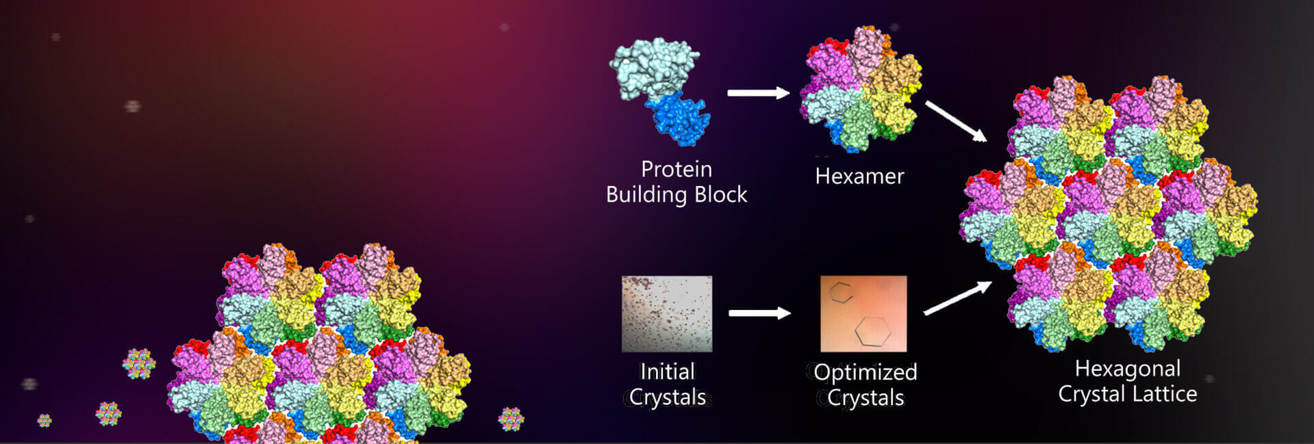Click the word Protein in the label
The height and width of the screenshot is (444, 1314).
[676, 169]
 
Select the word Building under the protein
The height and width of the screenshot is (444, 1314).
[646, 195]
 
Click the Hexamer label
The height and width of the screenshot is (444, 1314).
[859, 177]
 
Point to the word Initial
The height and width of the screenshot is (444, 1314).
[667, 371]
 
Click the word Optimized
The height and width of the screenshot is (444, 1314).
[866, 372]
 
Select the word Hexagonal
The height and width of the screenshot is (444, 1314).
[1127, 369]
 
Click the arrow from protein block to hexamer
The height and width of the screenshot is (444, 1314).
[758, 93]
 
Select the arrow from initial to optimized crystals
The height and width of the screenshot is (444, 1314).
[759, 313]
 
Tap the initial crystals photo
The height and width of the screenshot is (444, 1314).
[666, 313]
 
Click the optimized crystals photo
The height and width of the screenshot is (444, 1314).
[863, 313]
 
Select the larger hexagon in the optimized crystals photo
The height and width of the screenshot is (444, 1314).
[872, 331]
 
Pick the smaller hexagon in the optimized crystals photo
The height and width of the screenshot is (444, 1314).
[841, 293]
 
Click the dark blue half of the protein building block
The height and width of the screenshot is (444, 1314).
[679, 119]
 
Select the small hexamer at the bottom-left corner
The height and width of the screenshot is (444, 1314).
[45, 420]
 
